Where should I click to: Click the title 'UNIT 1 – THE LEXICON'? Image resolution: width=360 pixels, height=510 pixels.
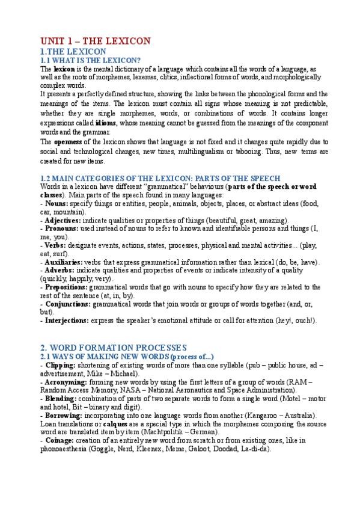pyautogui.click(x=95, y=41)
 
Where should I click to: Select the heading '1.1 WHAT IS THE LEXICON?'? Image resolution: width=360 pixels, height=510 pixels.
pyautogui.click(x=90, y=61)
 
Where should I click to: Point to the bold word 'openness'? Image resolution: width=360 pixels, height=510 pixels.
pyautogui.click(x=67, y=142)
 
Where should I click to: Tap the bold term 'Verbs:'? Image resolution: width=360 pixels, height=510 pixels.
pyautogui.click(x=55, y=245)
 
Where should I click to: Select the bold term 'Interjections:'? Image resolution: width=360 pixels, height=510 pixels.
pyautogui.click(x=67, y=321)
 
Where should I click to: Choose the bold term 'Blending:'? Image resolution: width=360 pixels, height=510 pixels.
pyautogui.click(x=62, y=399)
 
